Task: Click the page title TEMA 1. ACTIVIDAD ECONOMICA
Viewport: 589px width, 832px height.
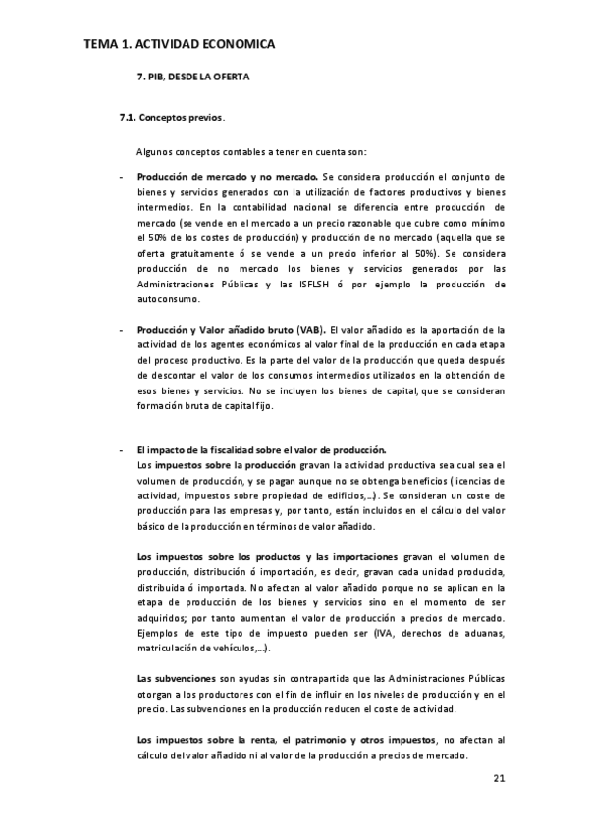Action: (x=179, y=44)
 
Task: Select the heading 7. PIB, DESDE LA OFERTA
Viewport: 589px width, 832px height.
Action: (x=192, y=76)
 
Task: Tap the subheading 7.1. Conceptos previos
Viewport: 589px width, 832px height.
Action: (x=171, y=120)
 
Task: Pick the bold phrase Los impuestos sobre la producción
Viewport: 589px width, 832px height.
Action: (x=202, y=464)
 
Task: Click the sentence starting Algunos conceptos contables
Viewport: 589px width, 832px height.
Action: (x=250, y=151)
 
